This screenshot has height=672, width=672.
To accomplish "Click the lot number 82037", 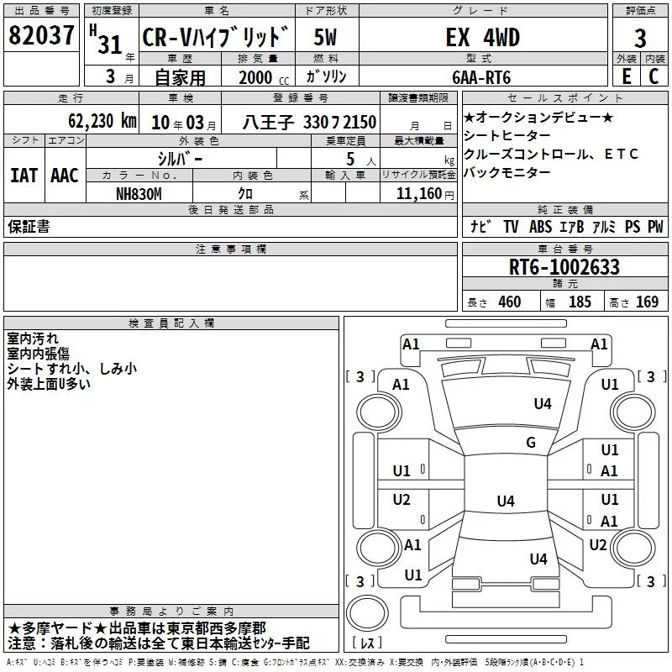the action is (41, 35).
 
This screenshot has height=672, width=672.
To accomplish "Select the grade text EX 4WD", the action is (482, 37).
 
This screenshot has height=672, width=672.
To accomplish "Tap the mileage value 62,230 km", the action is (102, 121).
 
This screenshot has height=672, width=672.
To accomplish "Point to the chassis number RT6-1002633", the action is (564, 267).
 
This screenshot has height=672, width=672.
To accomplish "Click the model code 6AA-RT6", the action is (481, 77).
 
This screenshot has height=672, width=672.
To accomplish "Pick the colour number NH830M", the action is (139, 194).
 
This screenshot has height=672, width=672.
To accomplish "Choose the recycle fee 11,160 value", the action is (418, 194).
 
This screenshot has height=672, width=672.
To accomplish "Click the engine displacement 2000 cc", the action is (264, 77).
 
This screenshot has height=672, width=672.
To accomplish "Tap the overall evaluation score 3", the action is (640, 39).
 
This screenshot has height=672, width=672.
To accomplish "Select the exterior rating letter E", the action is (626, 76).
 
